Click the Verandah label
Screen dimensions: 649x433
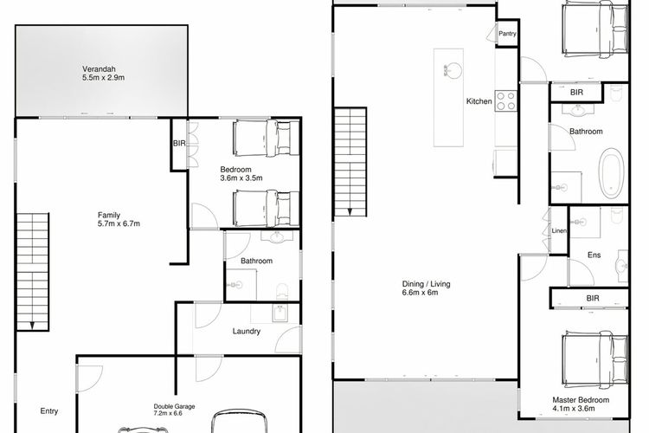point(99,68)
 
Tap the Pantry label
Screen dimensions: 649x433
point(507,34)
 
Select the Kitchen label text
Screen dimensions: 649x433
point(479,101)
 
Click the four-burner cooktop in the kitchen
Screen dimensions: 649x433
point(506,100)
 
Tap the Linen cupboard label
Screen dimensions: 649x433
point(559,231)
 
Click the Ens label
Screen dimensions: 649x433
point(594,255)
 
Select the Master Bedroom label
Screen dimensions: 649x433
point(581,400)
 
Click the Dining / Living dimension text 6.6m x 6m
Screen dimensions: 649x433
point(420,293)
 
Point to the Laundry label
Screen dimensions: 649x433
point(247,331)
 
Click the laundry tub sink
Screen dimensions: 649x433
point(280,313)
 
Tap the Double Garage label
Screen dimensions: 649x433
point(174,406)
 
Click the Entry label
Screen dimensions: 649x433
point(48,411)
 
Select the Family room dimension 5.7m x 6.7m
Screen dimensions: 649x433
point(119,223)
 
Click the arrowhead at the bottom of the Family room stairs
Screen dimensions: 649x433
point(32,326)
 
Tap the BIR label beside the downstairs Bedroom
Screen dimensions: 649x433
point(179,144)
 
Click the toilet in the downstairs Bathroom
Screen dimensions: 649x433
point(281,291)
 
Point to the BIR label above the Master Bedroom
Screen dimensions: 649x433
point(593,298)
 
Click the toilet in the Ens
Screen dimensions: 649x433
point(617,216)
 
